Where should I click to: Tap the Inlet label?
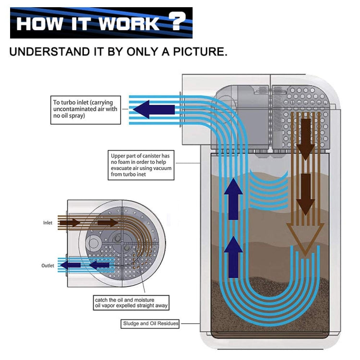pos(48,223)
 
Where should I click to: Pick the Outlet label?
pos(48,265)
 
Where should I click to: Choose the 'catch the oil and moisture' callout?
pos(131,302)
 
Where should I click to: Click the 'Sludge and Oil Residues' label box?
pos(150,324)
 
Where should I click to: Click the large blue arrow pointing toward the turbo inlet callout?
pos(154,110)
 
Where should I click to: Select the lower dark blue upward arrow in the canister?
pos(233,256)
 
